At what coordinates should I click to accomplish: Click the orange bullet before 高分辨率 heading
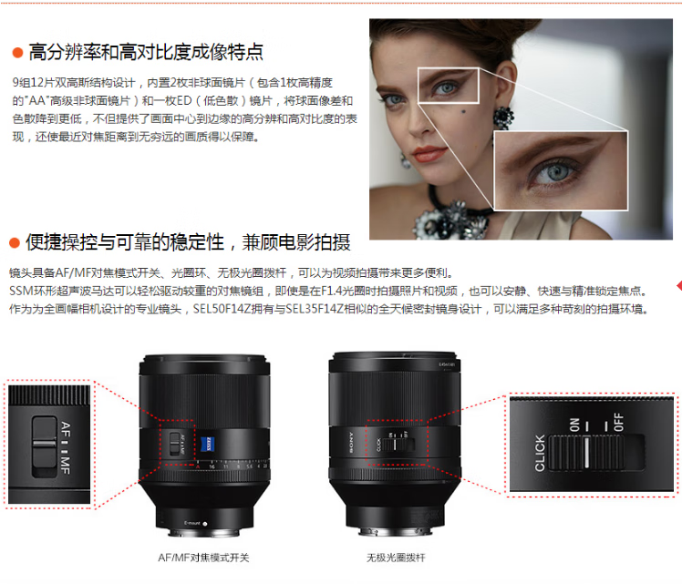(x=17, y=53)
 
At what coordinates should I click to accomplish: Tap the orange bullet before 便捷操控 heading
(x=15, y=243)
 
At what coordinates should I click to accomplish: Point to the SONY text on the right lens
(x=351, y=443)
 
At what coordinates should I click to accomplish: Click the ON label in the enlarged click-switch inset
(x=574, y=425)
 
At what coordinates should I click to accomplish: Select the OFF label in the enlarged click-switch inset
(x=618, y=423)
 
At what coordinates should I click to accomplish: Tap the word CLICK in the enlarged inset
(x=540, y=453)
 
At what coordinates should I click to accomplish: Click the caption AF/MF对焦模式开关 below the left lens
(x=203, y=558)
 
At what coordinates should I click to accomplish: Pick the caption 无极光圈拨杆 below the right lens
(x=396, y=558)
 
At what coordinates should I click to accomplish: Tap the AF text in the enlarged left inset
(x=66, y=429)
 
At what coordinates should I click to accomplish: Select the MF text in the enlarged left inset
(x=66, y=466)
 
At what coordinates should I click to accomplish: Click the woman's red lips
(x=429, y=153)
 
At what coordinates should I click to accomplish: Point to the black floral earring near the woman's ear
(x=503, y=118)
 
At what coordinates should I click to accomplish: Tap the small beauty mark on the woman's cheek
(x=463, y=112)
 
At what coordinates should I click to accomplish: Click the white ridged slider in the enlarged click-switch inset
(x=587, y=453)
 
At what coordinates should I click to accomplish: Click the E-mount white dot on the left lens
(x=205, y=524)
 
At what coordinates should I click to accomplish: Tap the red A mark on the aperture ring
(x=198, y=466)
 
